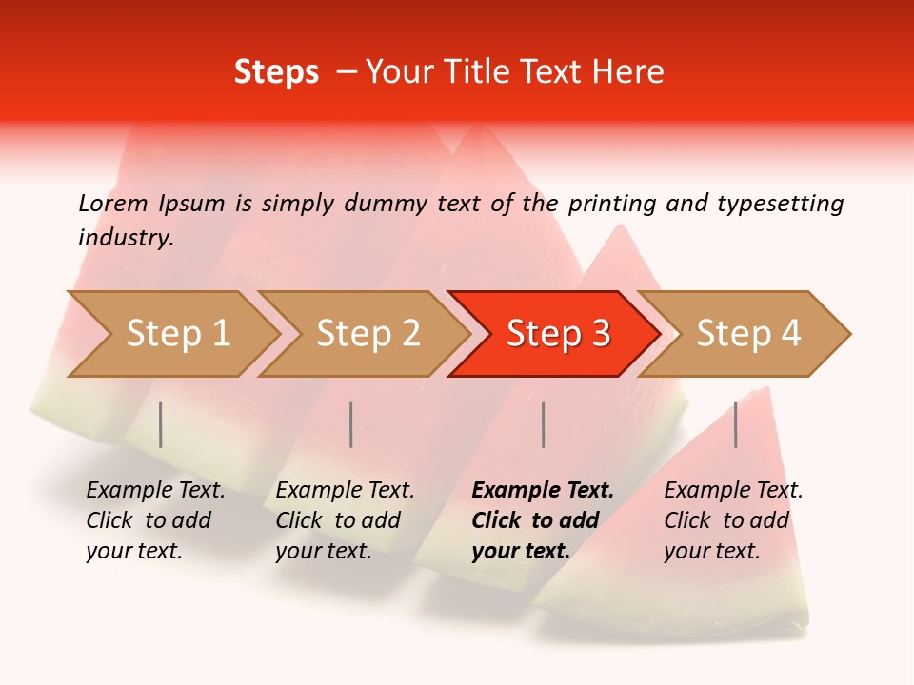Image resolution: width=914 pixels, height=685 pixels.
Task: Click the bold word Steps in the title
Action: (x=276, y=72)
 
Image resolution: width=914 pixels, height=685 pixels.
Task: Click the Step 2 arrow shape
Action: (x=367, y=333)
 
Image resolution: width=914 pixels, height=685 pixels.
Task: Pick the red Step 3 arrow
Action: (x=557, y=333)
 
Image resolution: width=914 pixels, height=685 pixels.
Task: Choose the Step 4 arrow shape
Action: (x=747, y=333)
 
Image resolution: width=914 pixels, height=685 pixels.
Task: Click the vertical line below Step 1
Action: (x=161, y=424)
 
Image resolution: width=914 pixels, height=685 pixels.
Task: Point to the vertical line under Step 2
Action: (x=351, y=424)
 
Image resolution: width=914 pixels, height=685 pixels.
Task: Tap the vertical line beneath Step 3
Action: (x=543, y=424)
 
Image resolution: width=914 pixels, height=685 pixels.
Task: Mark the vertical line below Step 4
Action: (x=735, y=424)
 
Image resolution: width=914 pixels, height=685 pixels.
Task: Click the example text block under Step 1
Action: (x=155, y=520)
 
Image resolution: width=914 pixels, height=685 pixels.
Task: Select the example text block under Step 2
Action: (x=345, y=520)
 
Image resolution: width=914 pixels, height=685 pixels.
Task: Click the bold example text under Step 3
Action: (x=543, y=520)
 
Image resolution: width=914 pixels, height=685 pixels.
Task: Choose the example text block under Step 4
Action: (x=733, y=520)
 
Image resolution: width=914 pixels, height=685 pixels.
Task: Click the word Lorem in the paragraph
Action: (x=113, y=204)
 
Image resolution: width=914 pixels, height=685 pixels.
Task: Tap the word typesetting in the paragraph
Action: (x=781, y=204)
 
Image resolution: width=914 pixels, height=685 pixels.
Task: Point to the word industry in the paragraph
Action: (x=126, y=238)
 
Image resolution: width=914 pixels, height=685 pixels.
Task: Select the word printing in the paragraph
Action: (x=613, y=204)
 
